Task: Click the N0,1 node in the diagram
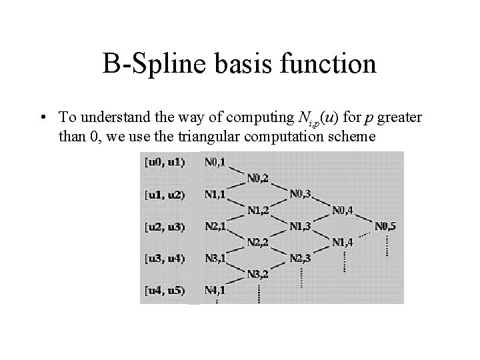click(215, 162)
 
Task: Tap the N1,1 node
click(215, 194)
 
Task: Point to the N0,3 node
click(301, 194)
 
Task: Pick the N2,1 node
click(215, 226)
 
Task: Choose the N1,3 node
click(301, 226)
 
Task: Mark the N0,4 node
click(343, 210)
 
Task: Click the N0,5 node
click(385, 226)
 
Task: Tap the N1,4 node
click(343, 241)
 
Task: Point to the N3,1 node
click(215, 258)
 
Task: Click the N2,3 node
click(301, 258)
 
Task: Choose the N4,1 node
click(215, 290)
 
